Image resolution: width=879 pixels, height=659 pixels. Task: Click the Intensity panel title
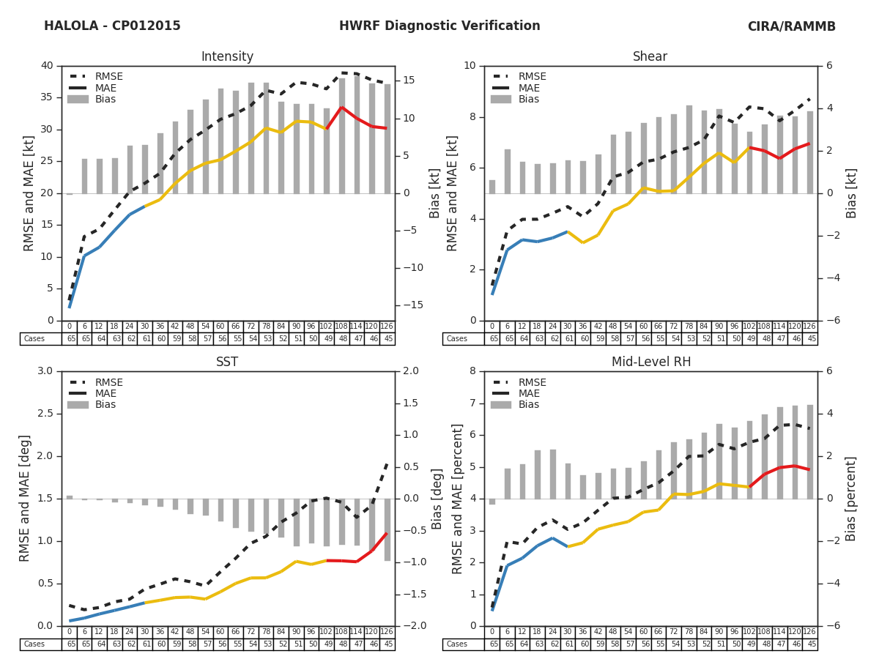click(227, 56)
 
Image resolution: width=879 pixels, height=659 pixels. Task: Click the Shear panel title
click(650, 56)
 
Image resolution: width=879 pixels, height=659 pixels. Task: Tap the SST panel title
click(227, 362)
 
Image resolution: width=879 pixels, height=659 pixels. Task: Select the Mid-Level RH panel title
click(650, 362)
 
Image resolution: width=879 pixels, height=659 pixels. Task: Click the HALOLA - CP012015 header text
click(112, 26)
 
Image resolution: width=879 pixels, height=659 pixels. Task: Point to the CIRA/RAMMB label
click(791, 26)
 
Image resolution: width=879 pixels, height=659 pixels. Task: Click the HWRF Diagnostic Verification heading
click(439, 26)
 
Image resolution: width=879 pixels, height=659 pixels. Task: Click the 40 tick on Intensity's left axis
click(46, 66)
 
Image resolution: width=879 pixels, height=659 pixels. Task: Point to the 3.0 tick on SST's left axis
click(44, 371)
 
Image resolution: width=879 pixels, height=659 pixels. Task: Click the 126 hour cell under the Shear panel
click(809, 327)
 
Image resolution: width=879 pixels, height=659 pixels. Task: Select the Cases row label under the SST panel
click(34, 644)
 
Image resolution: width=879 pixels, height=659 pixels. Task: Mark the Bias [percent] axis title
click(851, 499)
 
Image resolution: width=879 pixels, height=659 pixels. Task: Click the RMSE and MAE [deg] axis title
click(26, 499)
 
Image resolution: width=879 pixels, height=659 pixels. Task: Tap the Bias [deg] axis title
click(437, 499)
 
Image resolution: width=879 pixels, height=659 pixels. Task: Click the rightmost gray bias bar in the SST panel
click(387, 530)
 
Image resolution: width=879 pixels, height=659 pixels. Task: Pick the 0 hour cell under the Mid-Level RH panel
click(492, 632)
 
